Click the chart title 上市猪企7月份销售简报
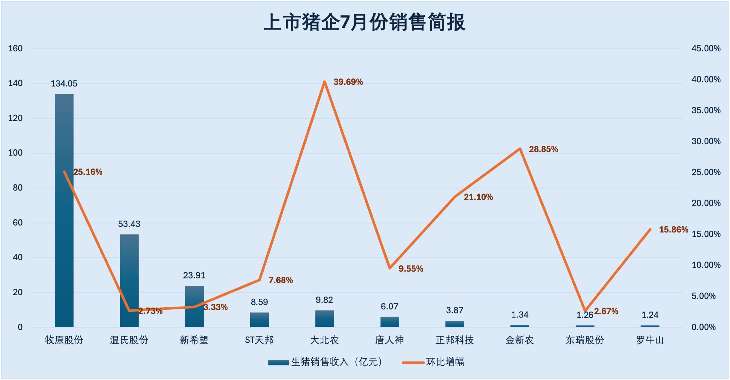(x=364, y=22)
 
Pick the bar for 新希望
(x=194, y=306)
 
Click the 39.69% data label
(x=348, y=82)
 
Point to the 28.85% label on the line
(x=543, y=149)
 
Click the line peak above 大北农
(x=324, y=82)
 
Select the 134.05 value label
(x=64, y=84)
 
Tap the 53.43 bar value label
(x=129, y=224)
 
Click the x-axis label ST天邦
(x=259, y=340)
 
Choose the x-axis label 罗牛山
(x=650, y=340)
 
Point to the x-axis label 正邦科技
(x=454, y=340)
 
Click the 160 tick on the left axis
(x=15, y=48)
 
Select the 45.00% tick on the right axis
(x=706, y=48)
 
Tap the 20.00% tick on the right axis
(x=706, y=203)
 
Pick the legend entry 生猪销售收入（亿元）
(x=336, y=362)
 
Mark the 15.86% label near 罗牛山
(x=673, y=230)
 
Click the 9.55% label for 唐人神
(x=411, y=269)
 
